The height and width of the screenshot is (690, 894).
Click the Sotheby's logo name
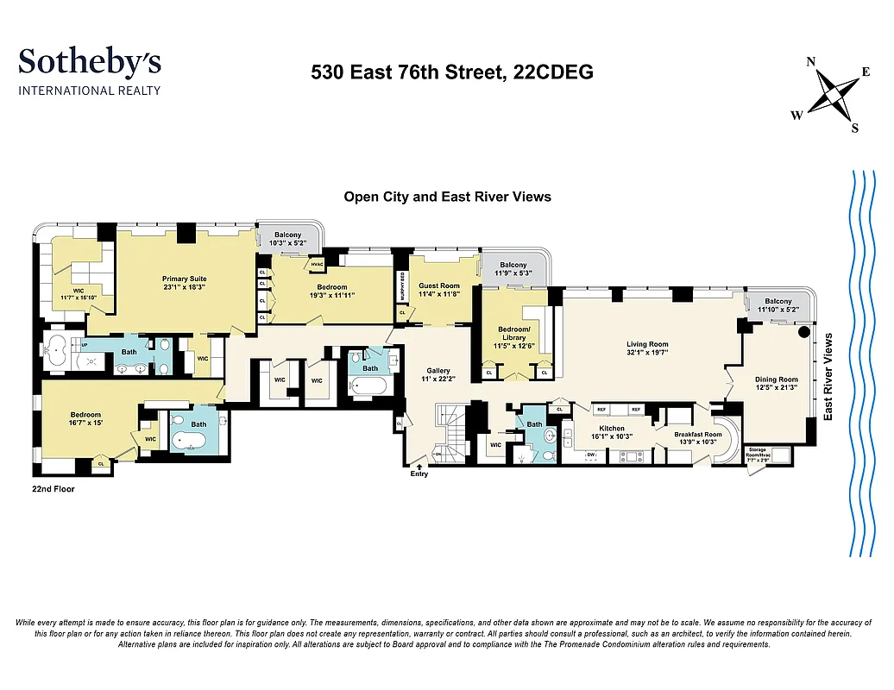click(x=90, y=62)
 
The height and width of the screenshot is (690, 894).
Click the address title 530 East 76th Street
click(x=451, y=73)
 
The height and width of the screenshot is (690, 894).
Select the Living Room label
click(x=646, y=344)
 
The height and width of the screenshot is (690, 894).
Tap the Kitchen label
click(x=612, y=428)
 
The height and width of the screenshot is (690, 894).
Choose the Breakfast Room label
click(x=700, y=435)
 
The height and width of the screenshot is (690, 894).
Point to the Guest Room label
click(x=439, y=285)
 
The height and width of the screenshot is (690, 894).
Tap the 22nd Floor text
click(x=53, y=489)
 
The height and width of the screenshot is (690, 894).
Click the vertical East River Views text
click(x=828, y=377)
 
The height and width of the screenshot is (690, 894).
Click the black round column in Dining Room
click(x=804, y=331)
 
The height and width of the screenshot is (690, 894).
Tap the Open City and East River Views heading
click(x=447, y=197)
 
